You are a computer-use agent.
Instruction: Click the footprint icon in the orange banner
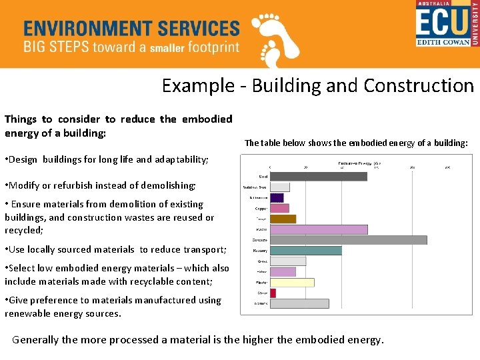(275, 39)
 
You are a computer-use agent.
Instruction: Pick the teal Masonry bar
(305, 250)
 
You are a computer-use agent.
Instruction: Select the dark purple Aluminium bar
(277, 198)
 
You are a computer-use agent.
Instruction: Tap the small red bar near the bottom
(273, 293)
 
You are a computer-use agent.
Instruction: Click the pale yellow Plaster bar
(291, 282)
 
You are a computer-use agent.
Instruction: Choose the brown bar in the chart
(283, 219)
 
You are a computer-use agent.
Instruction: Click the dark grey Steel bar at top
(318, 177)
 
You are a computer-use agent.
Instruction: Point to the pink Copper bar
(279, 208)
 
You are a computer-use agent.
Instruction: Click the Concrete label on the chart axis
(260, 240)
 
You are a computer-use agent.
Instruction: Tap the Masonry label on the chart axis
(259, 251)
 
